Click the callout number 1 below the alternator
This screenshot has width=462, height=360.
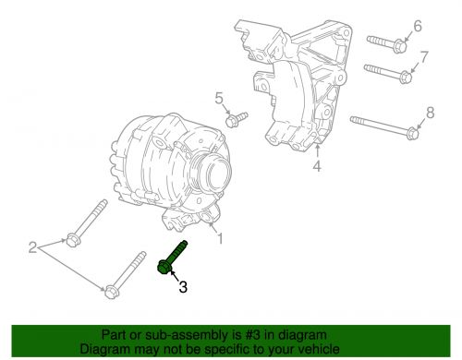click(x=220, y=238)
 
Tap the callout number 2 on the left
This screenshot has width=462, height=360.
click(x=33, y=247)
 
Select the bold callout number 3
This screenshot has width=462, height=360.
click(x=183, y=287)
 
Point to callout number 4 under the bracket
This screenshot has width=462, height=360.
click(x=317, y=166)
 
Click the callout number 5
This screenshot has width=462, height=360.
click(x=219, y=99)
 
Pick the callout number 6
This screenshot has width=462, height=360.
click(x=418, y=26)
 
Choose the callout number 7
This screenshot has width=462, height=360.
click(x=424, y=57)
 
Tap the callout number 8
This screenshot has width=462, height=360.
click(x=430, y=113)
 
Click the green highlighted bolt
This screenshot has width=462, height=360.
click(x=172, y=257)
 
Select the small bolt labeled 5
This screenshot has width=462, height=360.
click(x=237, y=119)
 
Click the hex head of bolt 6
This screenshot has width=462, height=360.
click(x=400, y=46)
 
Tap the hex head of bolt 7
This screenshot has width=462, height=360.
click(x=407, y=77)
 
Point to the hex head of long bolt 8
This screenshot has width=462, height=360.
click(x=412, y=134)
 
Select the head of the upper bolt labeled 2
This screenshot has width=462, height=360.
click(x=72, y=241)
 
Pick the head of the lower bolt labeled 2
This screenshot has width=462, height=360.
click(x=111, y=292)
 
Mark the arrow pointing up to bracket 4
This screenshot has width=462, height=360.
click(x=317, y=151)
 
